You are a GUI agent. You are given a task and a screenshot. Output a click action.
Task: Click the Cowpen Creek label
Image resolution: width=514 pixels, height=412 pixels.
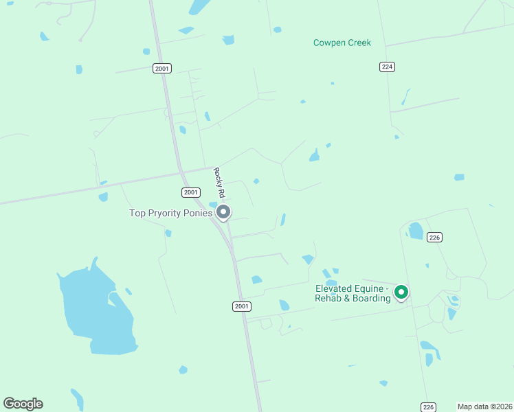[x=342, y=43]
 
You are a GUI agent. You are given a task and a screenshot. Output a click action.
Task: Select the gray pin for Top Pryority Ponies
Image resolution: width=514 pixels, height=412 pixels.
[x=223, y=213]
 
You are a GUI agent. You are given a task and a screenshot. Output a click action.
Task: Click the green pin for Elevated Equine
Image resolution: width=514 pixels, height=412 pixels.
[x=402, y=293]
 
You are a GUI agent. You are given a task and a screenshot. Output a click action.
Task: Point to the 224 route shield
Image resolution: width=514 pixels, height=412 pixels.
[x=386, y=67]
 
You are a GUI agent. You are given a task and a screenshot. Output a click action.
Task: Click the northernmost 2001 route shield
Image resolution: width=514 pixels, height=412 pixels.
[x=162, y=68]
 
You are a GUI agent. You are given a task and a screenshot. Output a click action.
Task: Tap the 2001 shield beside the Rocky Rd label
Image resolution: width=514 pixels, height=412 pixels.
[x=191, y=192]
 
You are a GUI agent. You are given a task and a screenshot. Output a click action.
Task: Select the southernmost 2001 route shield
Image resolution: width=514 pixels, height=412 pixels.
[x=241, y=306]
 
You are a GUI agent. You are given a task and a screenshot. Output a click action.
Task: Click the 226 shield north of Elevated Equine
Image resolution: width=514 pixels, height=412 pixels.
[x=434, y=237]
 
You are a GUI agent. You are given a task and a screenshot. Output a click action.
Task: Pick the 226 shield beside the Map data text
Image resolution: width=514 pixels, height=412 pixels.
[x=428, y=407]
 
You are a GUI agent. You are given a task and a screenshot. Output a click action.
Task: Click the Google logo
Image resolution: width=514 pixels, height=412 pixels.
[x=23, y=404]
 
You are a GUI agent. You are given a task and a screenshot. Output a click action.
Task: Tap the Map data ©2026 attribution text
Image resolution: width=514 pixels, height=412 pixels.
[x=484, y=407]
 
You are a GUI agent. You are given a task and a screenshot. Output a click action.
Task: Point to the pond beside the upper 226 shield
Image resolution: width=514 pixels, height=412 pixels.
[x=416, y=231]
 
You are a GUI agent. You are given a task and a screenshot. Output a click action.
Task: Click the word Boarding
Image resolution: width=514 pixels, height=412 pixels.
[x=370, y=298]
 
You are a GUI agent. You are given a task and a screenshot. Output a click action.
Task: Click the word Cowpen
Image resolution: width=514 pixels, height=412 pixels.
[x=328, y=43]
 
